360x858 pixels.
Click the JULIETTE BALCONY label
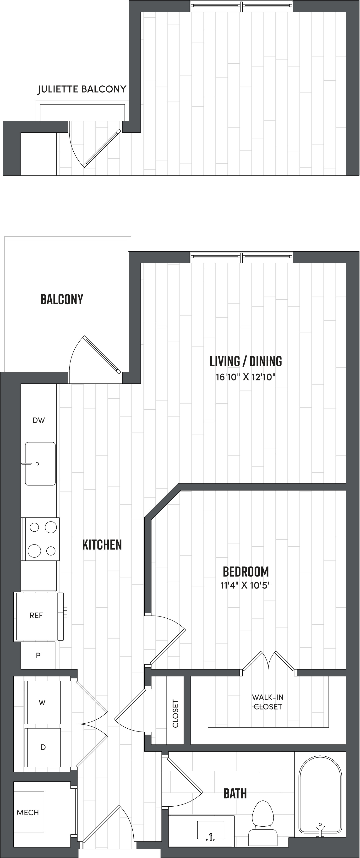[82, 89]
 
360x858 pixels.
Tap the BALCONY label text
[62, 299]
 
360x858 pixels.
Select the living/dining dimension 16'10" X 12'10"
[246, 377]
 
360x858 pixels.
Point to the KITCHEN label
[102, 545]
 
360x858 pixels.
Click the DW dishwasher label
[39, 420]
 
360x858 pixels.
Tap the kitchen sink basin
[40, 464]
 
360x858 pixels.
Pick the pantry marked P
[38, 655]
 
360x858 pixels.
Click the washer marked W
[42, 703]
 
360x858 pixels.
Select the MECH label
[28, 813]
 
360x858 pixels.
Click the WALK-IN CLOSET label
[268, 702]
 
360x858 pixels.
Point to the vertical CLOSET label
[175, 714]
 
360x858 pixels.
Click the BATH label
[235, 794]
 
